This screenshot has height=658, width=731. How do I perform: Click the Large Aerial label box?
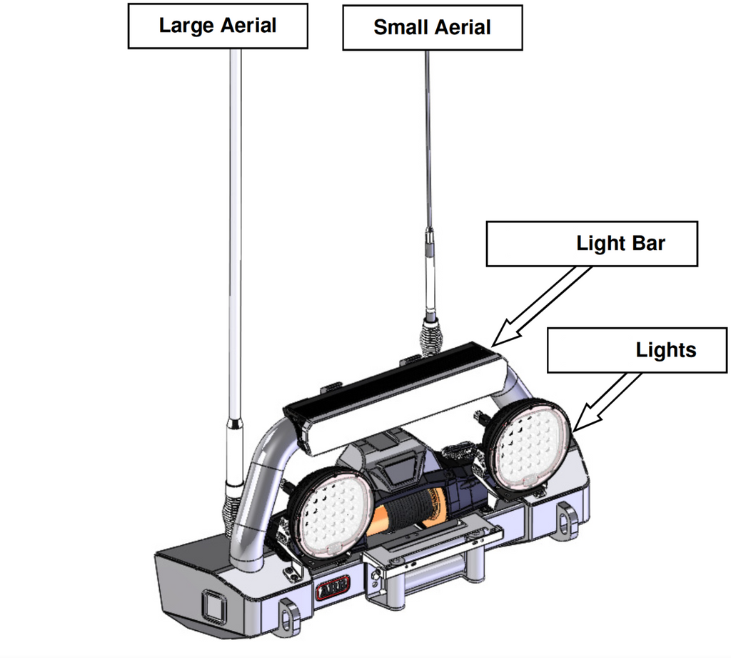(x=217, y=26)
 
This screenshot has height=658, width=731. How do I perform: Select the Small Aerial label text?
(x=432, y=28)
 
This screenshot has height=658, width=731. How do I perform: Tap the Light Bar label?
(x=620, y=243)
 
